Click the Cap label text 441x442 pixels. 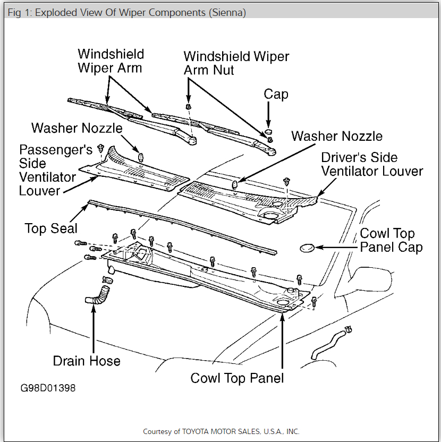point(276,95)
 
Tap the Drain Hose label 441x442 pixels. point(87,361)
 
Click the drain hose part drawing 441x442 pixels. point(97,295)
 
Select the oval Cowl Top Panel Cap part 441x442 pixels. point(308,247)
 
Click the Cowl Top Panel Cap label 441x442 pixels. point(391,241)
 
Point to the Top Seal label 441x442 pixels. point(51,228)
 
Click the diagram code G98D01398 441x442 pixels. point(48,388)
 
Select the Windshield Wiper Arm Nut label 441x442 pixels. point(236,63)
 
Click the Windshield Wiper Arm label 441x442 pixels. point(110,61)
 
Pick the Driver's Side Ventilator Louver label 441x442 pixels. point(372,164)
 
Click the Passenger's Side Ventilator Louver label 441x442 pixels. point(55,170)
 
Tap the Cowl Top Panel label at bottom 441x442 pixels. point(237,378)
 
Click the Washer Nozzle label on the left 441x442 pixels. point(77,128)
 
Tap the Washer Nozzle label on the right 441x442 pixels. point(337,136)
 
